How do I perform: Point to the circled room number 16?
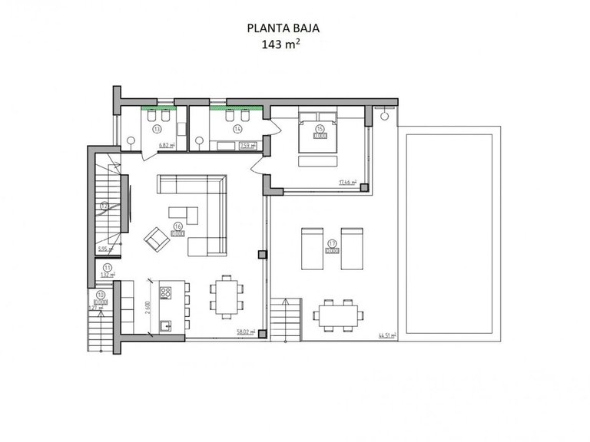click(177, 226)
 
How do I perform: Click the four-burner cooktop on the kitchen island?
click(164, 292)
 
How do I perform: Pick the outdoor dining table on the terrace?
click(336, 314)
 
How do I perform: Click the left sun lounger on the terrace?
click(313, 247)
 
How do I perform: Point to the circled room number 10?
click(101, 295)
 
